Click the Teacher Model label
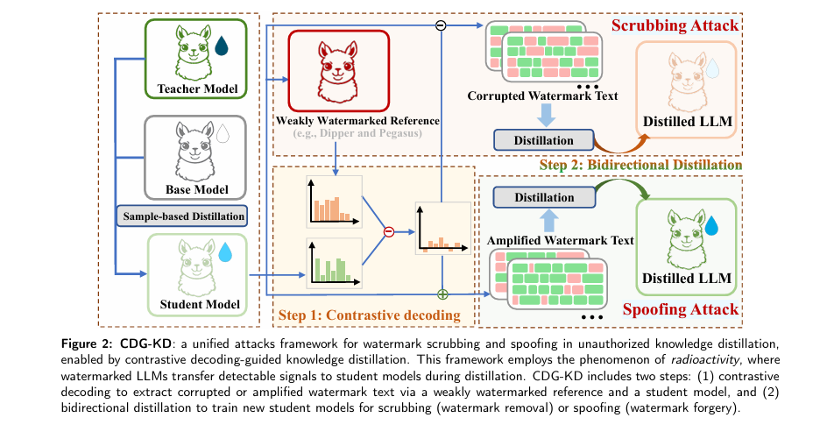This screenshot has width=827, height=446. tap(196, 88)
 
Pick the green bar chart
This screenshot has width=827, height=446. tap(333, 263)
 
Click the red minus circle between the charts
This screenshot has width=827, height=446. tap(389, 232)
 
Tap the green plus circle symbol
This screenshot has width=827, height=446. tap(442, 294)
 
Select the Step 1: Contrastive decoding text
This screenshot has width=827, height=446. tap(369, 315)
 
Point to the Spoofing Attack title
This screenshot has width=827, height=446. tap(680, 310)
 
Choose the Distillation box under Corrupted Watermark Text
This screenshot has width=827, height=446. tap(544, 139)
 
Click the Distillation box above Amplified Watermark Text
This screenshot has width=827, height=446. tap(544, 197)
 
